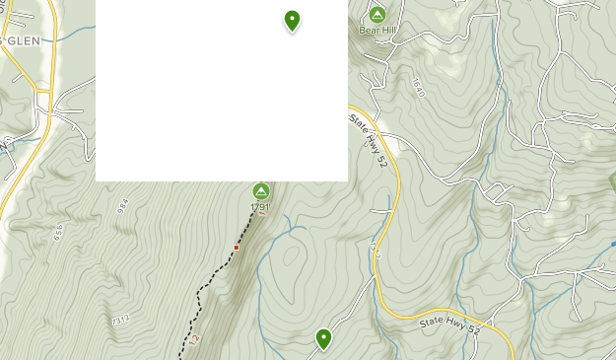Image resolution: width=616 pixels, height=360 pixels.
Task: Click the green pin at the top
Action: pyautogui.click(x=292, y=20)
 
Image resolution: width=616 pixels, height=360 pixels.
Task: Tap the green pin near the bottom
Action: pyautogui.click(x=323, y=339)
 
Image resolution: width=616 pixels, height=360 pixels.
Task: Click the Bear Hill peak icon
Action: pyautogui.click(x=376, y=15)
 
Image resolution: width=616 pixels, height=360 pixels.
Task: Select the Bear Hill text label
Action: pyautogui.click(x=376, y=31)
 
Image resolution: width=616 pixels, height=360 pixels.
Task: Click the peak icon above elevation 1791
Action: pyautogui.click(x=261, y=191)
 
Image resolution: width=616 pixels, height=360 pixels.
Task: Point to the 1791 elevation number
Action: pyautogui.click(x=260, y=208)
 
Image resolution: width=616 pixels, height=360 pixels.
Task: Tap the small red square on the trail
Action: pyautogui.click(x=237, y=248)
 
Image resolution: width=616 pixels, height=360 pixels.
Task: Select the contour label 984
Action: pyautogui.click(x=122, y=205)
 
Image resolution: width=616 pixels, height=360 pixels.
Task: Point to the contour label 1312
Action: pyautogui.click(x=120, y=320)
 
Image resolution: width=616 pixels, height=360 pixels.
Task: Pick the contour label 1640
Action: pyautogui.click(x=418, y=87)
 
